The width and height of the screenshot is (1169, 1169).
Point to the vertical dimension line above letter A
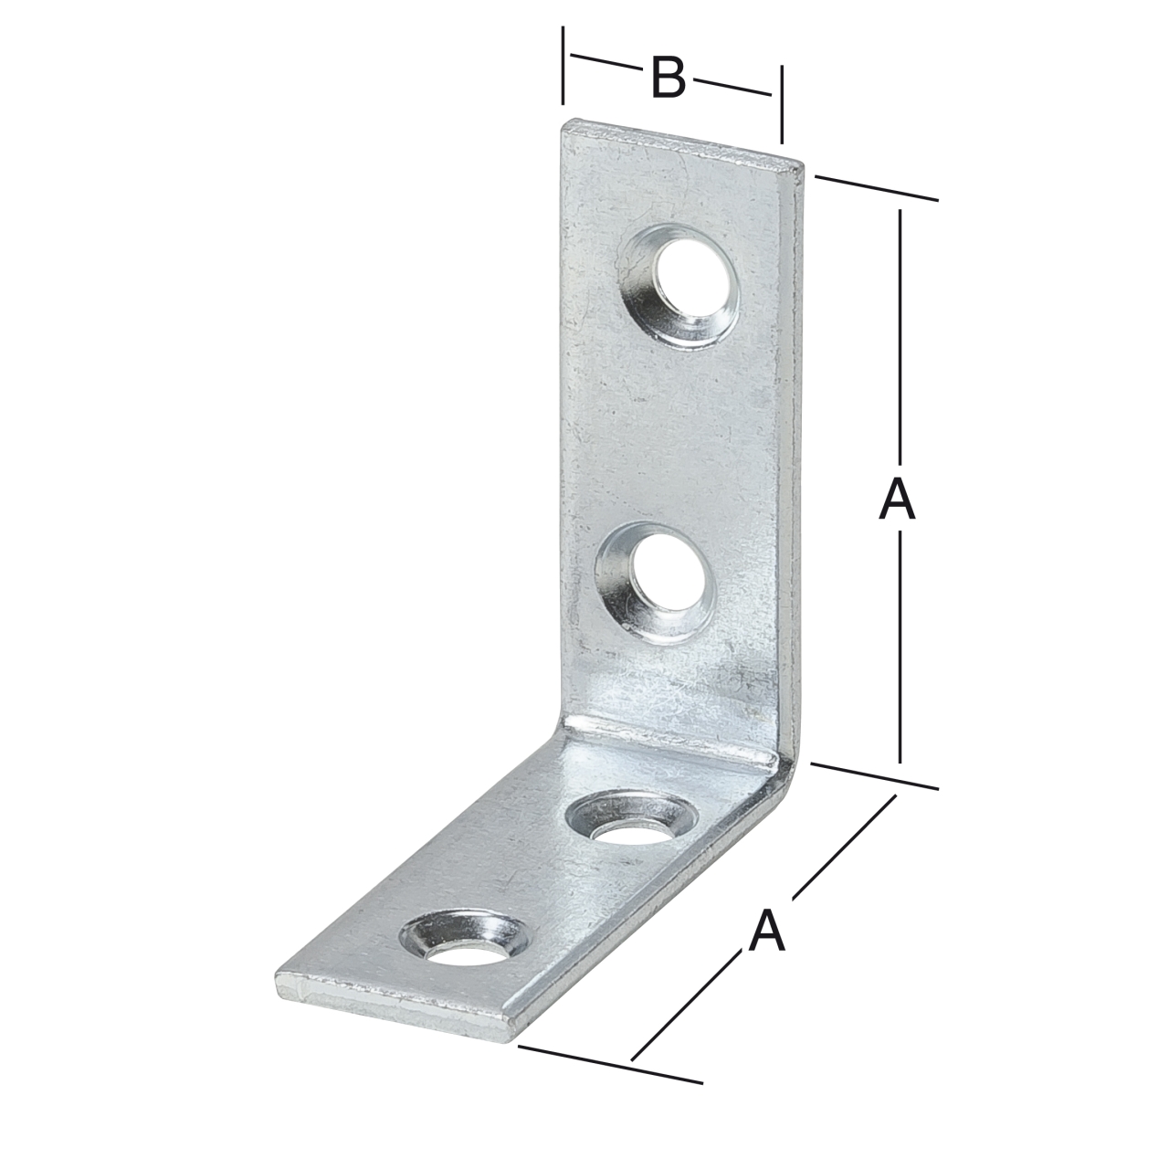[x=900, y=338]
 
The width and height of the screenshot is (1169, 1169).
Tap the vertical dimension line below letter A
[x=900, y=648]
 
